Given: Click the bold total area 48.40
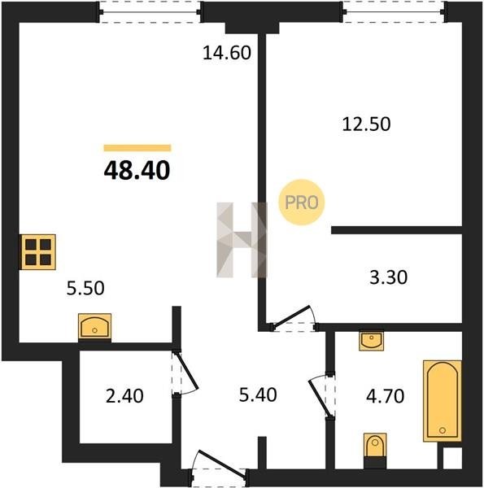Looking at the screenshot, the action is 137,171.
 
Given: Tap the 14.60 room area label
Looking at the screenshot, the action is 227,53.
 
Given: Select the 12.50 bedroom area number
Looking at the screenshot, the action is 366,124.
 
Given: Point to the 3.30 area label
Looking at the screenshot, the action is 388,277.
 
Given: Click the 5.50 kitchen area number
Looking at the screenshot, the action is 85,288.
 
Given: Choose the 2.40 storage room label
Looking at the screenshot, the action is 124,396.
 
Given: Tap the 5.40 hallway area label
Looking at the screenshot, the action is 258,395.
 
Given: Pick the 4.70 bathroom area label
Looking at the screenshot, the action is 385,396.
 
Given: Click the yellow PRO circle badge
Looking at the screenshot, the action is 301,203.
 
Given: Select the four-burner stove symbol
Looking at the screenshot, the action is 38,252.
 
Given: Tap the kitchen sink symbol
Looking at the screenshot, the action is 94,326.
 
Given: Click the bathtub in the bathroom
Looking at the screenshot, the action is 443,401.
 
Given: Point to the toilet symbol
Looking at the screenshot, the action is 375,450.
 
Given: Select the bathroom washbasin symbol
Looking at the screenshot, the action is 371,340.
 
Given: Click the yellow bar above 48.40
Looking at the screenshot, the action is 137,148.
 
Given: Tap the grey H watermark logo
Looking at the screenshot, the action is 242,240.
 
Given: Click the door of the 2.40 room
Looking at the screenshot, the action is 185,373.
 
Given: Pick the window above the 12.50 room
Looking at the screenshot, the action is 395,12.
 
